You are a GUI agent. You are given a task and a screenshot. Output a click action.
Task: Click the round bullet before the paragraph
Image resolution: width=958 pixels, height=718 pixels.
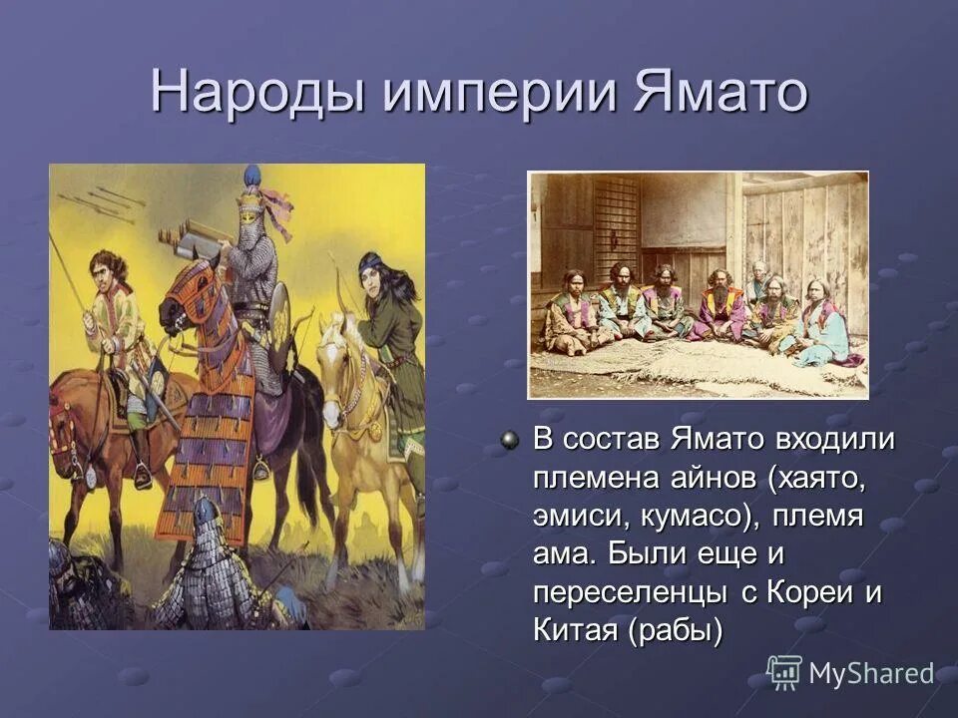pyautogui.click(x=510, y=440)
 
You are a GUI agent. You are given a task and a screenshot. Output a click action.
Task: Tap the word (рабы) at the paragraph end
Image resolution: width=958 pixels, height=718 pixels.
pyautogui.click(x=675, y=630)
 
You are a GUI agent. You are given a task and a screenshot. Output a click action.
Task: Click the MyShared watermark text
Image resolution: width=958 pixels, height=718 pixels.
pyautogui.click(x=871, y=674)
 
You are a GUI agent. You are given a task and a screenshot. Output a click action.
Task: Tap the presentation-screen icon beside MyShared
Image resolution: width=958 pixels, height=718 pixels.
pyautogui.click(x=784, y=672)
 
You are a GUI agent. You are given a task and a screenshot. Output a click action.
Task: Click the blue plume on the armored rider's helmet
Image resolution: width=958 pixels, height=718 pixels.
pyautogui.click(x=251, y=176)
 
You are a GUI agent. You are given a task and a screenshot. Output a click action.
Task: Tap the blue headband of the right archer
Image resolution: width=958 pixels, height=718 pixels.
pyautogui.click(x=371, y=263)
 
